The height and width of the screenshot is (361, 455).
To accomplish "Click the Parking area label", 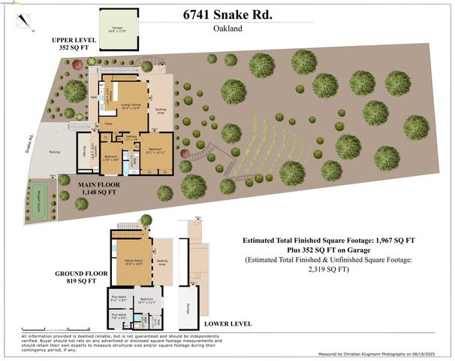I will [54, 152].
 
